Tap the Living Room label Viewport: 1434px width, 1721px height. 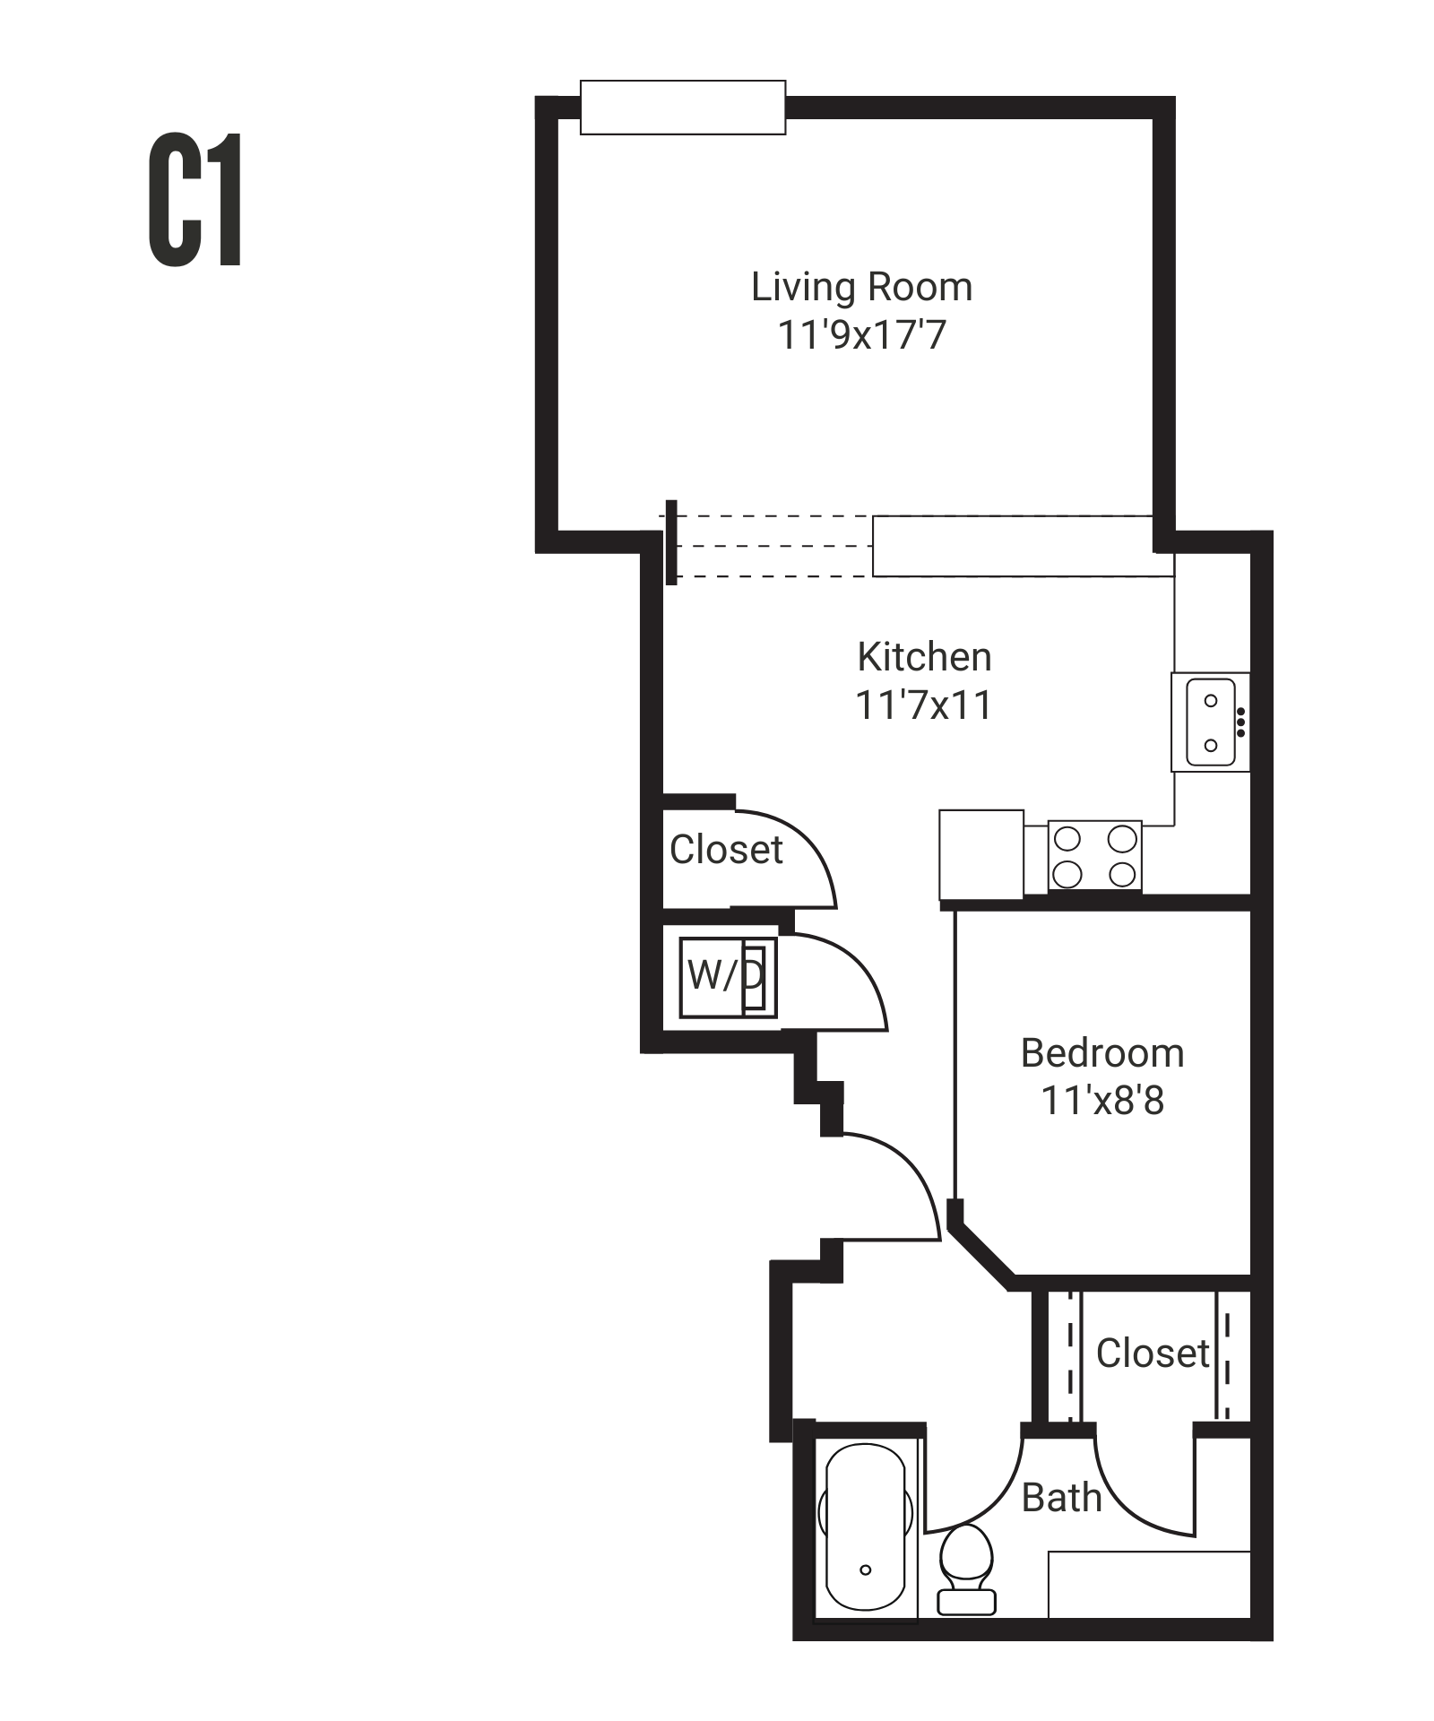click(x=861, y=287)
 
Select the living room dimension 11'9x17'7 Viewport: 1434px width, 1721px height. click(x=861, y=335)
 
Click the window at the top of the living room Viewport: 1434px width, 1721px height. click(x=682, y=108)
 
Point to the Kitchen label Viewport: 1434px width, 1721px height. click(x=924, y=657)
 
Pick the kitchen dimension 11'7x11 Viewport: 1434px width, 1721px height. click(x=924, y=705)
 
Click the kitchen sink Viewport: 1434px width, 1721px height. click(x=1210, y=722)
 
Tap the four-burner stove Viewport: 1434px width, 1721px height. click(x=1094, y=856)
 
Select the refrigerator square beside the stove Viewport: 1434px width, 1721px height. click(x=980, y=854)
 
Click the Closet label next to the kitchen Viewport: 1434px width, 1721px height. click(x=726, y=849)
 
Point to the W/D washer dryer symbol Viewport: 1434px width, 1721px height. click(x=726, y=976)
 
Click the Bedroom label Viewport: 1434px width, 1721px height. click(x=1101, y=1053)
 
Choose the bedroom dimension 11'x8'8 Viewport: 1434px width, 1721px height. click(x=1101, y=1101)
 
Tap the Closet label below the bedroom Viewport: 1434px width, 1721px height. click(x=1153, y=1353)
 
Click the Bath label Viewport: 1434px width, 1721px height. click(x=1061, y=1498)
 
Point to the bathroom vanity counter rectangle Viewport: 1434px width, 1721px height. click(x=1148, y=1584)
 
